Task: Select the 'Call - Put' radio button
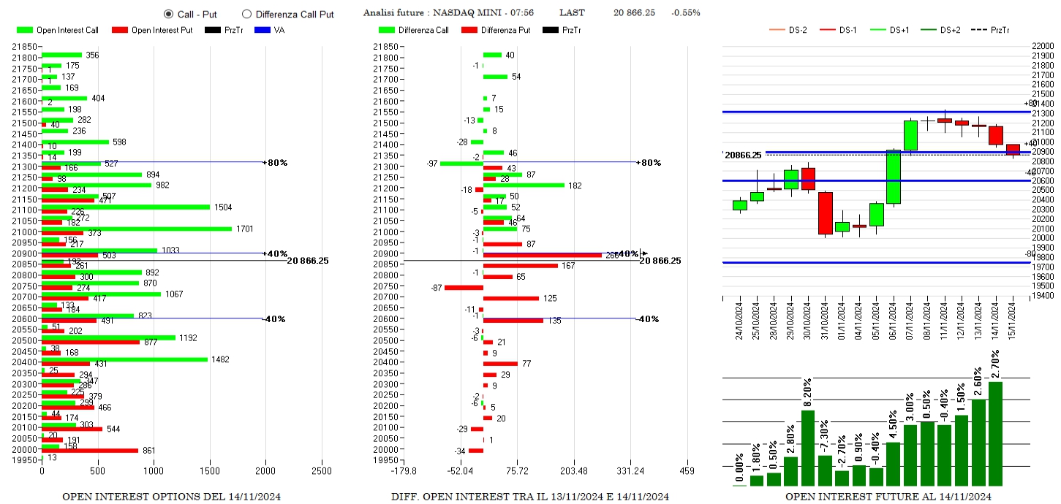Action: coord(169,14)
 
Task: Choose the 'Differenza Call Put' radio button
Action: coord(246,14)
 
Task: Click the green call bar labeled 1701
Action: coord(137,229)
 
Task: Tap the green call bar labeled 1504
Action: coord(126,207)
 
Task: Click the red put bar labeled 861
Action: coord(90,450)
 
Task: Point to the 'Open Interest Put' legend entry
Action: coord(152,30)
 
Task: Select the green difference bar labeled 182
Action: coord(524,186)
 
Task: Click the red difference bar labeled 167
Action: coord(520,265)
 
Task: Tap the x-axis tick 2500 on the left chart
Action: coord(322,471)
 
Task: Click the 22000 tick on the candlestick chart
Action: coord(1042,46)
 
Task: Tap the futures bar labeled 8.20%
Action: coord(808,447)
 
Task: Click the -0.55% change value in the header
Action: coord(686,13)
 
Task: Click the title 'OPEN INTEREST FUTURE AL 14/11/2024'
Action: coord(888,497)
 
